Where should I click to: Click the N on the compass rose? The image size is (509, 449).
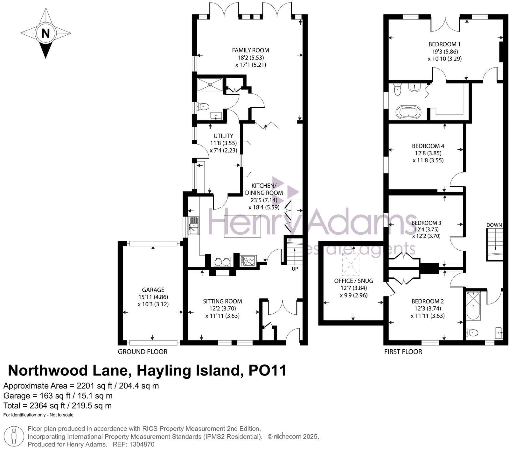point(45,33)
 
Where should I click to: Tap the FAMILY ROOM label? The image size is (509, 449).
point(250,50)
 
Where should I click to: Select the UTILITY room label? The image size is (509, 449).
point(224,136)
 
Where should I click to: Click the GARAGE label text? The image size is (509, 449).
point(153,290)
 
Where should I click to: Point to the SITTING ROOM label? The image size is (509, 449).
point(222,301)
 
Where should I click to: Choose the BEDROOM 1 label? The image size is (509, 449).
point(444,44)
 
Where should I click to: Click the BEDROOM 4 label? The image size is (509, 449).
point(428,146)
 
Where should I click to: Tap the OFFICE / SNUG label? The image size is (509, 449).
point(353,281)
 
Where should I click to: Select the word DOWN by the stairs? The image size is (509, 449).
point(494,225)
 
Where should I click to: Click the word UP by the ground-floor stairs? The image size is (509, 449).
point(295,269)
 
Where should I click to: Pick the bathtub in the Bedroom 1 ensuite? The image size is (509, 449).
point(408,112)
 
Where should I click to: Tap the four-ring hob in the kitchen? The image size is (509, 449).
point(248,261)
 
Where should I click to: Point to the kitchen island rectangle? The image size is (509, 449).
point(242,226)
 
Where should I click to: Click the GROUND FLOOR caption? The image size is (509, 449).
point(143,352)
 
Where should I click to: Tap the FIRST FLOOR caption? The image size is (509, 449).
point(403,352)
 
